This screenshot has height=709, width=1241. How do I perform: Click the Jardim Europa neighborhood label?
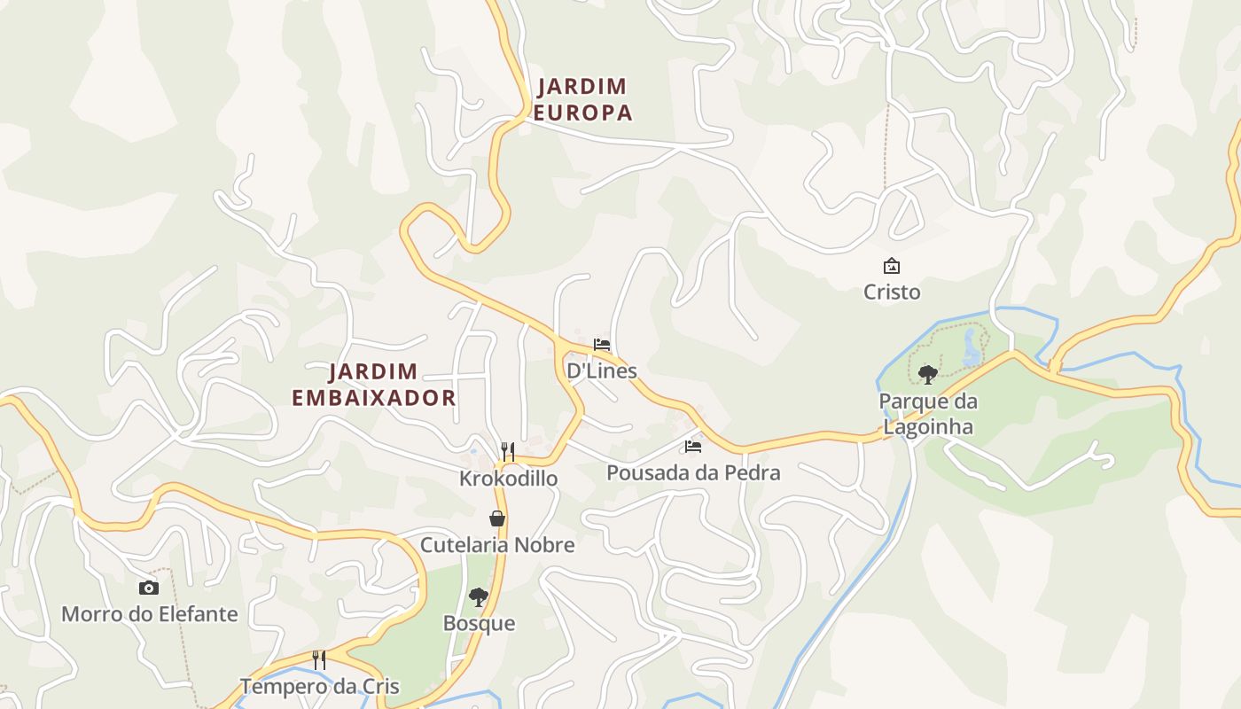582,99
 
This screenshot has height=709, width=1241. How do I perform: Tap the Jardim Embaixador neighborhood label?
373,385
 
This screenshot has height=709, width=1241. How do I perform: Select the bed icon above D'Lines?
602,345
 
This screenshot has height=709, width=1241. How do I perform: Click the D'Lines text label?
602,370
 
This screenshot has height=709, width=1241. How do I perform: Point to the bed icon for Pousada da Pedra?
693,447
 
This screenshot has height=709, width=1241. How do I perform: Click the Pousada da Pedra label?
693,472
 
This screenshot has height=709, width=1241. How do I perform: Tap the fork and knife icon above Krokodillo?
508,452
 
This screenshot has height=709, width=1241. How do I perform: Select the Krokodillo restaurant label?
508,479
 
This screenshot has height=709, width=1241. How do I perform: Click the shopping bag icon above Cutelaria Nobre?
497,518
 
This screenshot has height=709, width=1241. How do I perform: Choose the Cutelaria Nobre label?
497,545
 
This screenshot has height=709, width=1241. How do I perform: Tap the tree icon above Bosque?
479,597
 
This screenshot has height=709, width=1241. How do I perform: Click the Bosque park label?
479,623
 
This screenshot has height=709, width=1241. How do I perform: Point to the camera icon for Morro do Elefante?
149,588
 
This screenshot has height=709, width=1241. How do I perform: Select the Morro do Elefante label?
149,614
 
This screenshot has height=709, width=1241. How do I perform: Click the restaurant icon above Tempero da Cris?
319,660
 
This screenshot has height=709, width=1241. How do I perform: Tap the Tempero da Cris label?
319,687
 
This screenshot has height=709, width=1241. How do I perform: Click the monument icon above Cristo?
892,266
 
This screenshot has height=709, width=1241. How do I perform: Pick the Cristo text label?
892,292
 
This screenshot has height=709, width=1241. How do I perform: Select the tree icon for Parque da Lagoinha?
928,375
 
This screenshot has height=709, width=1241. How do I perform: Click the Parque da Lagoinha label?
928,414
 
